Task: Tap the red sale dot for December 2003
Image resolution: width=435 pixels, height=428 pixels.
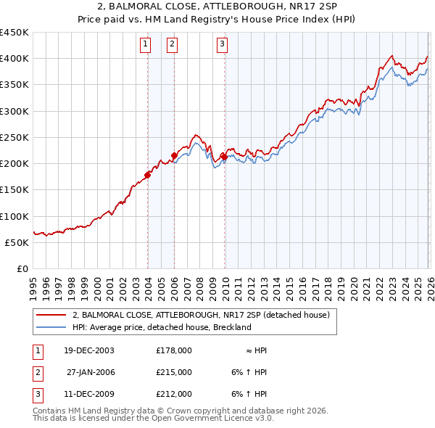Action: (x=147, y=174)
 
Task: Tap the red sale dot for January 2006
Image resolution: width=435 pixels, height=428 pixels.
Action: (x=174, y=155)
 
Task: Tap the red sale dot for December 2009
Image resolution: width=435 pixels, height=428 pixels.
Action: (x=223, y=156)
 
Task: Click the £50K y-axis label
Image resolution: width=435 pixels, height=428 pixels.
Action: (x=17, y=242)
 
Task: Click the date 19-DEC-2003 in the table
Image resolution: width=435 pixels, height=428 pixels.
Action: (x=88, y=350)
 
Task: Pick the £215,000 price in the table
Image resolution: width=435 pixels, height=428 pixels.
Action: (x=174, y=372)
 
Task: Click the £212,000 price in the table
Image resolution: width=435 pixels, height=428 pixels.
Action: (x=174, y=395)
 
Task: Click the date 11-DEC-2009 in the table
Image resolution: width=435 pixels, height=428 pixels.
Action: (x=88, y=395)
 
